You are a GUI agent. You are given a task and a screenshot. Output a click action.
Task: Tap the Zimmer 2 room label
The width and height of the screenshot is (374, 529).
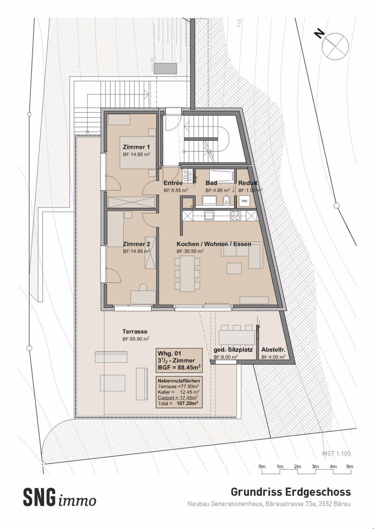[137, 244]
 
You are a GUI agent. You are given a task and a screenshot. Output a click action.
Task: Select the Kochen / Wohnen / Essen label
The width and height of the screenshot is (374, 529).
[214, 244]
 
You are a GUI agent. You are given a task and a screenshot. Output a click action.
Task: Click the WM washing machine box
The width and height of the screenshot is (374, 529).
[244, 201]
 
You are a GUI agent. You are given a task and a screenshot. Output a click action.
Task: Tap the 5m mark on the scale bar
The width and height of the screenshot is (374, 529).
[350, 467]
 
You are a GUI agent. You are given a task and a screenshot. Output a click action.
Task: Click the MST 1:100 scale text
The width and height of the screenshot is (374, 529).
[337, 453]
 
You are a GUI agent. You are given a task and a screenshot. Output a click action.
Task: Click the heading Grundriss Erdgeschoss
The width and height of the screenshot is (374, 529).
[291, 491]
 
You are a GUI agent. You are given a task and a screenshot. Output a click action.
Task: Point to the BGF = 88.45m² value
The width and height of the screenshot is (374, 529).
[180, 367]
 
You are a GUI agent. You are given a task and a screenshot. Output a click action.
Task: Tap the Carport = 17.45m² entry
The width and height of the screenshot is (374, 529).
[178, 398]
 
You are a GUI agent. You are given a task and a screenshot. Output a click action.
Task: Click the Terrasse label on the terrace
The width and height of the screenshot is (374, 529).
[135, 331]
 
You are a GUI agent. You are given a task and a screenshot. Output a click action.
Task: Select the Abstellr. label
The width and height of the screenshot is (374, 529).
[273, 350]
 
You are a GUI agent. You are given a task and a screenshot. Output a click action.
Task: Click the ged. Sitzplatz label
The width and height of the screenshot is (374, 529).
[233, 350]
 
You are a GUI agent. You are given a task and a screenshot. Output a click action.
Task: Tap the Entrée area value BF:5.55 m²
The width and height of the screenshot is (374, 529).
[176, 190]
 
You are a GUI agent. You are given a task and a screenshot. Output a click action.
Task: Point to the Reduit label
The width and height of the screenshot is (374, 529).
[248, 183]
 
